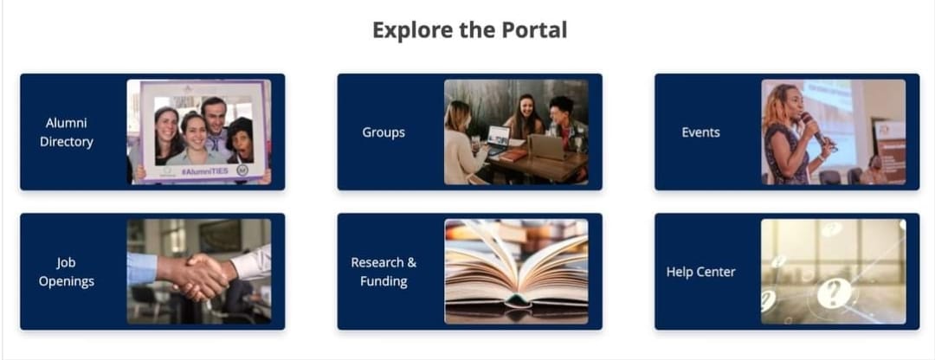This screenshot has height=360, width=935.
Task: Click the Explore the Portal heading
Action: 469,29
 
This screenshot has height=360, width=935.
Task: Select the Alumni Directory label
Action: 66,132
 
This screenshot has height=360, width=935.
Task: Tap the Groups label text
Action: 384,132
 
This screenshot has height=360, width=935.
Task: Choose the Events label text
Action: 700,132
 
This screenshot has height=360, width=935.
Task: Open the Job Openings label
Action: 66,272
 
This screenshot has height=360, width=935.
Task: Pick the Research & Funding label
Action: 384,272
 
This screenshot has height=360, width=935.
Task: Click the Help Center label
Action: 700,272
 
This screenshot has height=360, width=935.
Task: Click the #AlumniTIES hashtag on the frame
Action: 204,171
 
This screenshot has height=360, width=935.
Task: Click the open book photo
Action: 516,271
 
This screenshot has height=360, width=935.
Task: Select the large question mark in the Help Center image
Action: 835,293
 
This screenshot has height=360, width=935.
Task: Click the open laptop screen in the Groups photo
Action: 500,137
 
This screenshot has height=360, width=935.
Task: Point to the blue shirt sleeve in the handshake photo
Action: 143,269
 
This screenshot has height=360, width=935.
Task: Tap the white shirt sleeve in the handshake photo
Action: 251,262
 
